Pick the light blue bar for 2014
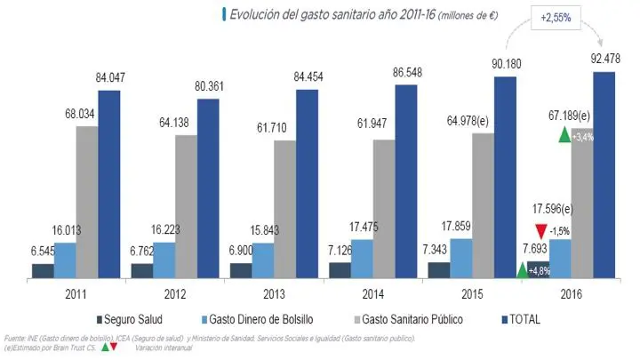pyautogui.click(x=362, y=258)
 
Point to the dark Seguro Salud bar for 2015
pyautogui.click(x=438, y=270)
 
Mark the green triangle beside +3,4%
pyautogui.click(x=563, y=135)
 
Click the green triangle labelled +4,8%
pyautogui.click(x=522, y=269)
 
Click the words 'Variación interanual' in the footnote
pyautogui.click(x=164, y=348)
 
